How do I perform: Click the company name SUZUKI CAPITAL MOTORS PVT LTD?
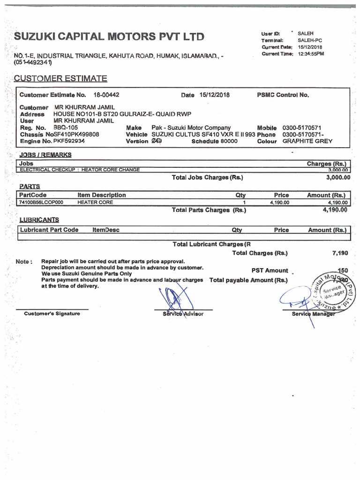click(x=109, y=37)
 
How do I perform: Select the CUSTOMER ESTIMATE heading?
click(x=60, y=78)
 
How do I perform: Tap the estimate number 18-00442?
click(x=106, y=95)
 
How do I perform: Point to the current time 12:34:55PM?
click(x=311, y=54)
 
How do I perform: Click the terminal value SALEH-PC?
click(x=310, y=41)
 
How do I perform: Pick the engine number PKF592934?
click(x=69, y=141)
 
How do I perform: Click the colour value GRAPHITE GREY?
click(x=307, y=141)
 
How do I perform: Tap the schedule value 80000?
click(x=229, y=141)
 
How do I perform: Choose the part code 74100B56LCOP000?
click(x=41, y=202)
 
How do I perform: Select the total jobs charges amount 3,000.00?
click(x=337, y=178)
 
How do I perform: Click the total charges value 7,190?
click(x=340, y=253)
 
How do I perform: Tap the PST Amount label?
click(x=270, y=270)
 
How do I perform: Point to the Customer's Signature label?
click(x=52, y=314)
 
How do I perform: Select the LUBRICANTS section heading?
click(x=39, y=220)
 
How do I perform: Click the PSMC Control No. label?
click(x=283, y=95)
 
